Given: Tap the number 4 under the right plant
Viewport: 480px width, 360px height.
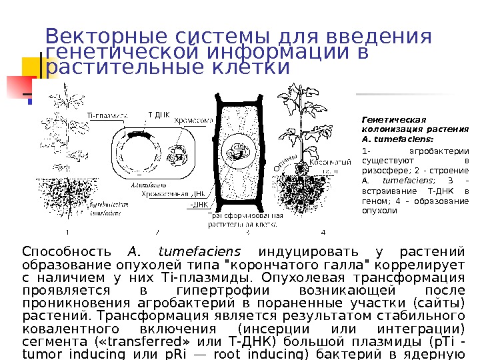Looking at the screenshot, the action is click(x=323, y=232).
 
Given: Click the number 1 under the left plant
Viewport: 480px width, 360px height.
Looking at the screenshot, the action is click(x=67, y=232).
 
